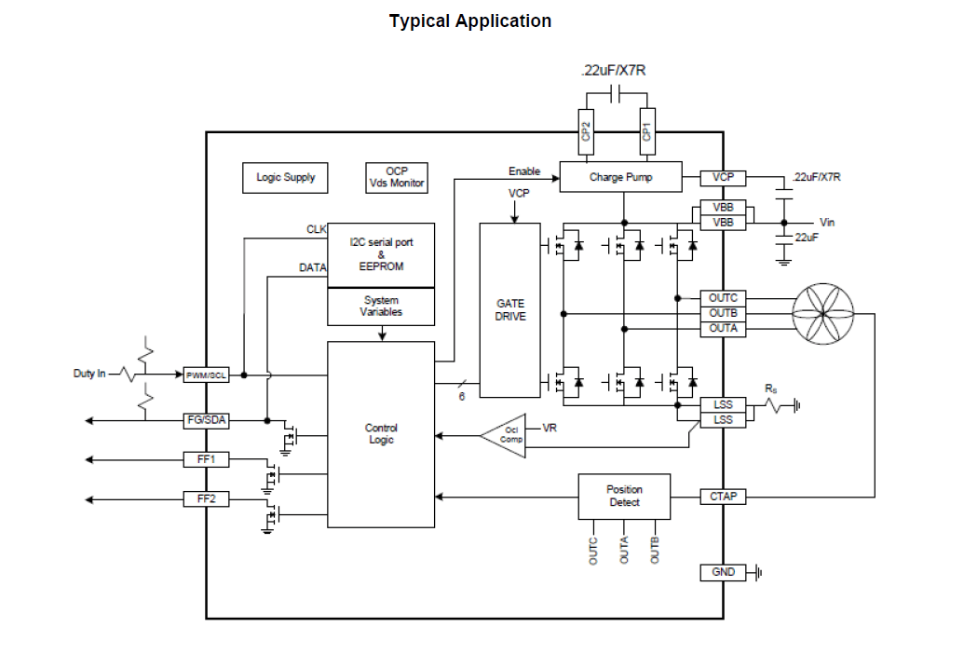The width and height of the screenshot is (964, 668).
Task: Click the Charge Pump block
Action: [621, 177]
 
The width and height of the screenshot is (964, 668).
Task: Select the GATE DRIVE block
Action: [509, 310]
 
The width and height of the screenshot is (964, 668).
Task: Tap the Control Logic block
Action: [381, 434]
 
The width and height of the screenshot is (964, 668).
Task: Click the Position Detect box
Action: [624, 496]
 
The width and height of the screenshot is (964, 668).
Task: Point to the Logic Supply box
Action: [286, 177]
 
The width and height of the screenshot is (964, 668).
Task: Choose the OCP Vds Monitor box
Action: [396, 177]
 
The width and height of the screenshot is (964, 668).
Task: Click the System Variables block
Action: [381, 307]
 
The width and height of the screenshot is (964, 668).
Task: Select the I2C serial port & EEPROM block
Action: [381, 254]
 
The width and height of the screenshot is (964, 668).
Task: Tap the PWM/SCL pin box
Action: [206, 375]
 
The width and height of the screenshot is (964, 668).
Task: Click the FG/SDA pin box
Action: [206, 420]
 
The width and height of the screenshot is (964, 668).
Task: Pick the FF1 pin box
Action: [206, 459]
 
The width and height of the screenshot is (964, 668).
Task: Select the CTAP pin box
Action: [723, 497]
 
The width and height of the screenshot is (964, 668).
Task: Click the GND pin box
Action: [723, 572]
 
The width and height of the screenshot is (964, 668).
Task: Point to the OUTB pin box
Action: [723, 314]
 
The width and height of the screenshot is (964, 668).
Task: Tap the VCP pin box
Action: [723, 177]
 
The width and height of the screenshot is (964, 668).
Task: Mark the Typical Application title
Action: [470, 21]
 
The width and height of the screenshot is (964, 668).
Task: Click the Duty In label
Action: [89, 374]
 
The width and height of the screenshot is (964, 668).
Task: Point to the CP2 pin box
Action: [586, 130]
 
